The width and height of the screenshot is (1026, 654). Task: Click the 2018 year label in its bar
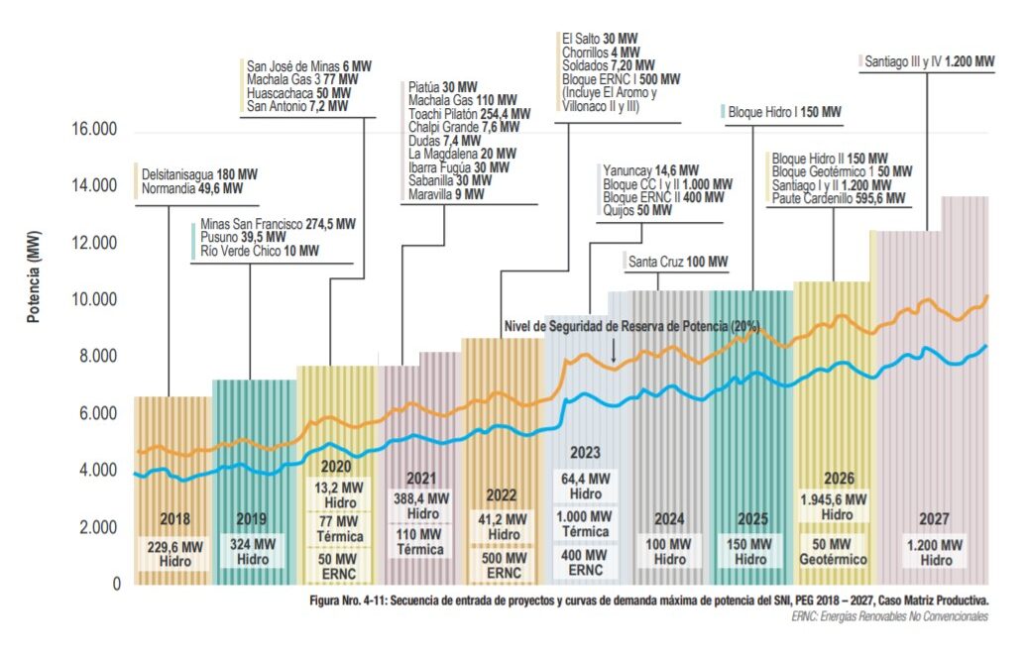[173, 518]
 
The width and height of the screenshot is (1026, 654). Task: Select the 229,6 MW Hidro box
[173, 553]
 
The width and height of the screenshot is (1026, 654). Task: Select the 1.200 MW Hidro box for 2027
[932, 553]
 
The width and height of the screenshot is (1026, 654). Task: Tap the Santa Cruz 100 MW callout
[678, 263]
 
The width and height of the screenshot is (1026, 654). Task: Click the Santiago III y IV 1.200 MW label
[929, 61]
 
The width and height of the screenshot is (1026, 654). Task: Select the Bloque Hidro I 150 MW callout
[783, 113]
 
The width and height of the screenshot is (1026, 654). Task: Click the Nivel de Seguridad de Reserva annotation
[631, 326]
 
